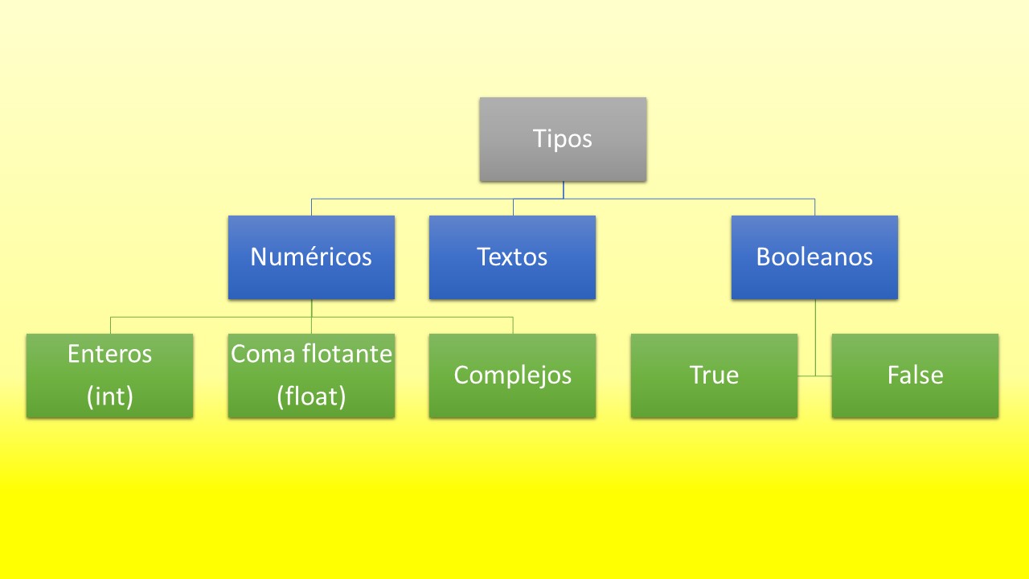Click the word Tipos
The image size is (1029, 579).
563,138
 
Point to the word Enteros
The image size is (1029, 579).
109,354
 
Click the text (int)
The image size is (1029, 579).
109,396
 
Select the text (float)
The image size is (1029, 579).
311,396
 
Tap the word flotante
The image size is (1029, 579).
346,354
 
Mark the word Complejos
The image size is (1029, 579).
512,375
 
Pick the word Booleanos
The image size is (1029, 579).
814,257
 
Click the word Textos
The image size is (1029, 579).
512,257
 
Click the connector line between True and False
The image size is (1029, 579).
814,376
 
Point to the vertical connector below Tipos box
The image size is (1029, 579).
563,190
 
